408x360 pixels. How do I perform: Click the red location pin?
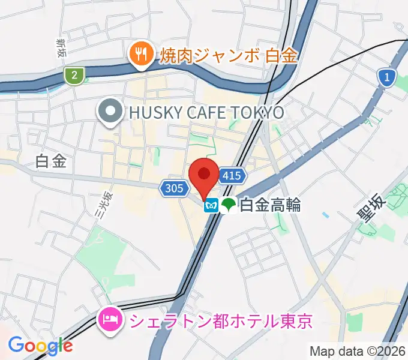click(x=204, y=176)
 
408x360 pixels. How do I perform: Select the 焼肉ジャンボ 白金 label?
click(x=229, y=56)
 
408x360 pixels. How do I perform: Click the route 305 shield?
click(x=172, y=188)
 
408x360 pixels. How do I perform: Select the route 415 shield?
click(x=232, y=175)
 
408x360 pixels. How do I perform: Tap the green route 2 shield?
click(x=74, y=74)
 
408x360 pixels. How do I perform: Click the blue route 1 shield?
click(x=388, y=76)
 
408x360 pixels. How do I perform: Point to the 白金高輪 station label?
click(x=270, y=206)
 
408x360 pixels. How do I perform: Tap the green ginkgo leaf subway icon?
click(x=227, y=206)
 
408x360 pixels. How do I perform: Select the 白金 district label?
click(x=50, y=161)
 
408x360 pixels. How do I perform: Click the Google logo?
click(x=40, y=345)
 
